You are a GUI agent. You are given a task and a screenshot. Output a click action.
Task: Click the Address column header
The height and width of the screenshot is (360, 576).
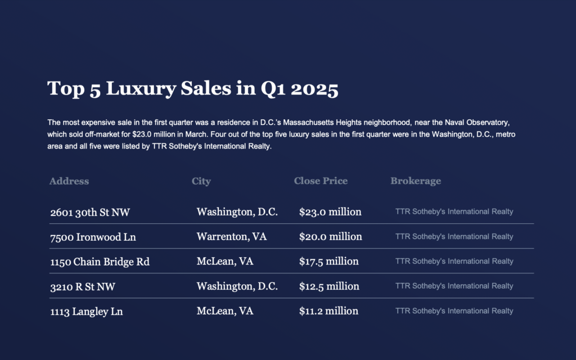pyautogui.click(x=69, y=181)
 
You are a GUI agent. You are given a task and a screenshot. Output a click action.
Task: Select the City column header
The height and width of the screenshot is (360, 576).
pyautogui.click(x=201, y=181)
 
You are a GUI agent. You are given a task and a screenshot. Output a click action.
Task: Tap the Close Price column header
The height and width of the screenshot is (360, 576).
pyautogui.click(x=321, y=181)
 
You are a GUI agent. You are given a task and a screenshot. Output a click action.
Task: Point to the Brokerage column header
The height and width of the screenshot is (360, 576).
pyautogui.click(x=416, y=181)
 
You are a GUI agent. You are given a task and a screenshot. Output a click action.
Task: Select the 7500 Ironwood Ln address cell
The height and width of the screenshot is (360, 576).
pyautogui.click(x=93, y=237)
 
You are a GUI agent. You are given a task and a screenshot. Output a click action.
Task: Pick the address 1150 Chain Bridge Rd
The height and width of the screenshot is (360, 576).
pyautogui.click(x=100, y=262)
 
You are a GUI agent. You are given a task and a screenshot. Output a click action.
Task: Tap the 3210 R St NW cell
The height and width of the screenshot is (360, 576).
pyautogui.click(x=83, y=286)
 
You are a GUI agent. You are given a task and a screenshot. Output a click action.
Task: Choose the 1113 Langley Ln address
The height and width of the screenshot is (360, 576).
pyautogui.click(x=86, y=311)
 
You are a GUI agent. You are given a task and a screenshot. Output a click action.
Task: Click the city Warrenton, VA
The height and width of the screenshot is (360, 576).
pyautogui.click(x=232, y=237)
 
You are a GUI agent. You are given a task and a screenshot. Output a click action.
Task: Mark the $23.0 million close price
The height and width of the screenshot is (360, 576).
pyautogui.click(x=330, y=212)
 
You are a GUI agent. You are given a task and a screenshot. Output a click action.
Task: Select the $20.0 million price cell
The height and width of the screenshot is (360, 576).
pyautogui.click(x=330, y=237)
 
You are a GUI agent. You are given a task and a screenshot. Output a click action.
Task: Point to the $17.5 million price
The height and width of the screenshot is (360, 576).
pyautogui.click(x=329, y=262)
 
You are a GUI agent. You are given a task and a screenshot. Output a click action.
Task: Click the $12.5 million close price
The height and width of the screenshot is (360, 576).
pyautogui.click(x=329, y=286)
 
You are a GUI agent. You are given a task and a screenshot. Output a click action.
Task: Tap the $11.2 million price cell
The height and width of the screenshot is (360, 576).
pyautogui.click(x=328, y=311)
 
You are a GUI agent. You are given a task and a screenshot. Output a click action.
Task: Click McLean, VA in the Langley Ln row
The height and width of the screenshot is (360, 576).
pyautogui.click(x=225, y=311)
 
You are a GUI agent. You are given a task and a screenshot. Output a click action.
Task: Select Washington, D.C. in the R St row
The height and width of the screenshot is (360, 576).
pyautogui.click(x=237, y=286)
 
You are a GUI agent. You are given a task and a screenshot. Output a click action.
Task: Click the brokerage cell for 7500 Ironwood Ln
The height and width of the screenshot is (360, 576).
pyautogui.click(x=454, y=237)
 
